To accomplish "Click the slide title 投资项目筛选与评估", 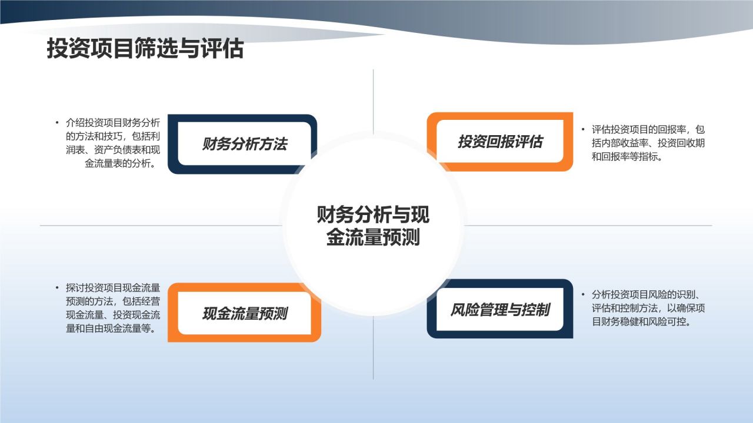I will click(x=145, y=49).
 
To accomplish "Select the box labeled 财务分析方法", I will click(x=244, y=144).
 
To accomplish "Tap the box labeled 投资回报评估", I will click(x=500, y=142).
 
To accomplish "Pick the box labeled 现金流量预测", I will click(x=244, y=313).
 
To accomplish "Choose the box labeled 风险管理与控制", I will click(x=500, y=310).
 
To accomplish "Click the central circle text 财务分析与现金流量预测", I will click(x=373, y=225).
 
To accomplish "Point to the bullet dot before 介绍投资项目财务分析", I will click(x=58, y=123).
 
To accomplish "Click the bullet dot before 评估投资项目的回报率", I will click(x=583, y=129).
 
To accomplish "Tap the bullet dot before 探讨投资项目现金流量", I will click(x=58, y=288).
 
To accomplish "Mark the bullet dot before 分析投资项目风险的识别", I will click(x=583, y=294).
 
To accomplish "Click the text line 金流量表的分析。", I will click(x=120, y=163).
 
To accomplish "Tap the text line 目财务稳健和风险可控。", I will click(x=641, y=322).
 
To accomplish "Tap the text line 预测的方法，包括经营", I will click(x=113, y=301).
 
